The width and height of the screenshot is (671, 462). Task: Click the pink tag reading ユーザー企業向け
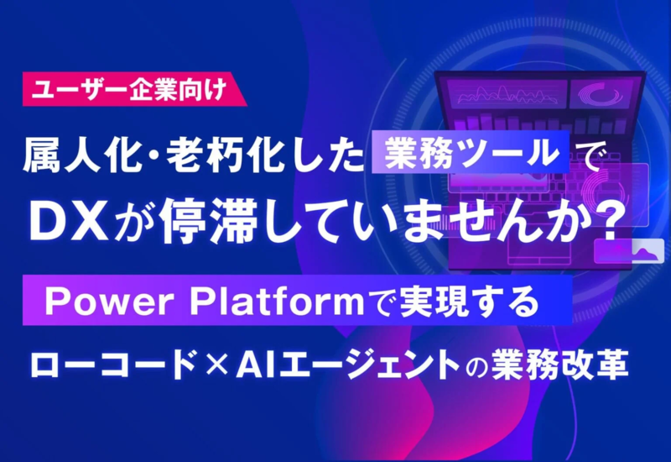(x=134, y=89)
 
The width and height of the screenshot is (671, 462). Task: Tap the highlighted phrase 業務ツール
(x=471, y=152)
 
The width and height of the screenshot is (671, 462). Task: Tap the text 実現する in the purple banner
(x=469, y=301)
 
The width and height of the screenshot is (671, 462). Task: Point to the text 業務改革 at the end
(x=560, y=365)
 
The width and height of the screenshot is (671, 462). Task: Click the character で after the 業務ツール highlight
(x=585, y=153)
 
